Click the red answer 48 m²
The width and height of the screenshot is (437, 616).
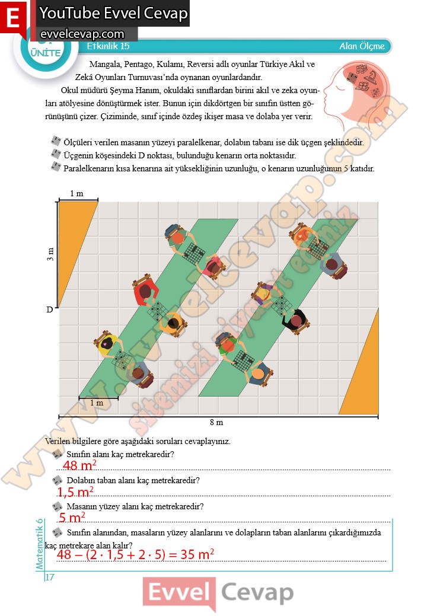[x=79, y=465]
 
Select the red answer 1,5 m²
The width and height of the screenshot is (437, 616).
[x=75, y=492]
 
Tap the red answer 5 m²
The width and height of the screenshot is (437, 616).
[x=72, y=518]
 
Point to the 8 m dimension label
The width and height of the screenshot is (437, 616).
[x=216, y=422]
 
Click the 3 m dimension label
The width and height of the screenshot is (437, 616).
[x=50, y=254]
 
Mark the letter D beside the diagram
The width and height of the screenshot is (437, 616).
[x=50, y=309]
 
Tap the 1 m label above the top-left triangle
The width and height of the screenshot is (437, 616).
[x=76, y=193]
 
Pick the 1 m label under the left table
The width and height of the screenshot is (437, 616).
[x=97, y=403]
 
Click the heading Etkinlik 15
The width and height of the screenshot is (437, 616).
[x=108, y=46]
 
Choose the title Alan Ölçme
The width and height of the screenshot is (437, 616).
[x=362, y=46]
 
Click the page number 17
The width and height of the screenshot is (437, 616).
[x=50, y=577]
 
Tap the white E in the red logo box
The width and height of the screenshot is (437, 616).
[x=13, y=17]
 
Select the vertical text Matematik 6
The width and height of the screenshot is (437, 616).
[x=39, y=544]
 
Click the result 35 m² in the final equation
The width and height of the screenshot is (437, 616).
[x=197, y=554]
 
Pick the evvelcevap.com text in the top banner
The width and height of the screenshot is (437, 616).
[x=82, y=34]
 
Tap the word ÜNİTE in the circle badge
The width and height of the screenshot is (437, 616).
[x=46, y=53]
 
